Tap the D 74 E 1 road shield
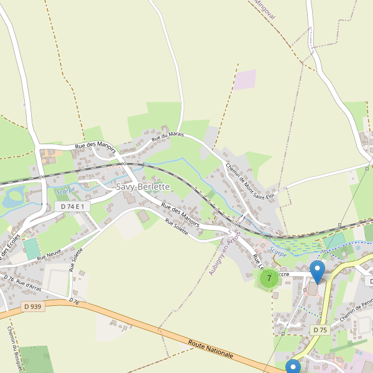pos(73,206)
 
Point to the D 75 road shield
pos(320,329)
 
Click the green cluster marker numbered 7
pos(269,278)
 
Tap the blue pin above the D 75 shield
pos(318,272)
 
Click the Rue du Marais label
pos(168,133)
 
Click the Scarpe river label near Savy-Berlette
pos(65,190)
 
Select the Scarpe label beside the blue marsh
pos(279,254)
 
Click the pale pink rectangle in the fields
pos(245,79)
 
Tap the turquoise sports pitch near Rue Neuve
pos(31,249)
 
